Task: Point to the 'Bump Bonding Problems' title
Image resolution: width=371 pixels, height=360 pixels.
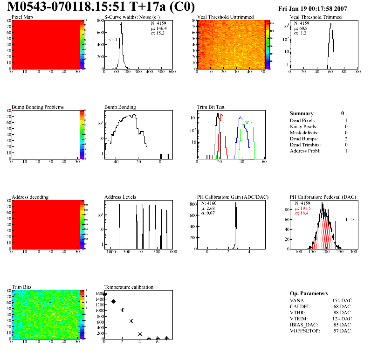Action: pyautogui.click(x=38, y=107)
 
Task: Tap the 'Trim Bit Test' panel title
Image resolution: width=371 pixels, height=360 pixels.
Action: pyautogui.click(x=211, y=107)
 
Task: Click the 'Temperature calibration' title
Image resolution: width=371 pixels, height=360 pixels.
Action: pyautogui.click(x=129, y=287)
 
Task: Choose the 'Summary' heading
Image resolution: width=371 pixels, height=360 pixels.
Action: pyautogui.click(x=302, y=113)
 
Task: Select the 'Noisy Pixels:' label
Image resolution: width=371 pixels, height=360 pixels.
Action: pyautogui.click(x=303, y=127)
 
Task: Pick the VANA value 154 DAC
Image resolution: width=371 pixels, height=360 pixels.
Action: pyautogui.click(x=342, y=300)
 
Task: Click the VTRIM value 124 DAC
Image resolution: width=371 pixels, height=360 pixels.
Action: pyautogui.click(x=342, y=318)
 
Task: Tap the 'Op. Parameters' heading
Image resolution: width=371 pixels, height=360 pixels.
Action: pyautogui.click(x=309, y=293)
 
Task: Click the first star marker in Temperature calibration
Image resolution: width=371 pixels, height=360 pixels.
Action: pyautogui.click(x=104, y=294)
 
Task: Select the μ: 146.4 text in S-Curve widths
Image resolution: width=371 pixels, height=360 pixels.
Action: pyautogui.click(x=158, y=28)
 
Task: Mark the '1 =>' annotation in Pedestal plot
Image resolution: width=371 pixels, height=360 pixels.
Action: pyautogui.click(x=350, y=219)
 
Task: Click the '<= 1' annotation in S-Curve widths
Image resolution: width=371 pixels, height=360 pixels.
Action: pyautogui.click(x=112, y=40)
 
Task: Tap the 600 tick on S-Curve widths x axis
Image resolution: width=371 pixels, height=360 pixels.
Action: pyautogui.click(x=172, y=72)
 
